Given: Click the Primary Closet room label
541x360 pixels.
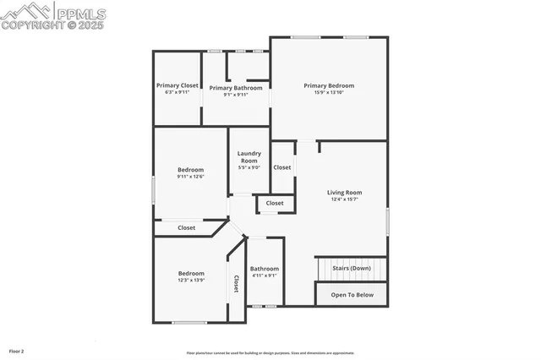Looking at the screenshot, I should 178,85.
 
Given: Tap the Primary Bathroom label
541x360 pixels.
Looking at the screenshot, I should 236,88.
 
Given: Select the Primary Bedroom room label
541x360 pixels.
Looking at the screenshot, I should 329,85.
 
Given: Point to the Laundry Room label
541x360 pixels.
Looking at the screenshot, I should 249,156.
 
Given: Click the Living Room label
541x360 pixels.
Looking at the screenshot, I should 344,193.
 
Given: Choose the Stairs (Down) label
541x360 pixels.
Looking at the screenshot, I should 352,268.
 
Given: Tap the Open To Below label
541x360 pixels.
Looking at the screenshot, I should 352,295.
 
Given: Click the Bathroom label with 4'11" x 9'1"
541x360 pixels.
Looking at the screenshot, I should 265,269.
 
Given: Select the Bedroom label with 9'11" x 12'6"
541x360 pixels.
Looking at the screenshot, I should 190,170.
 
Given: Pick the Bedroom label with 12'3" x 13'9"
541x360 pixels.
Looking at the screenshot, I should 191,273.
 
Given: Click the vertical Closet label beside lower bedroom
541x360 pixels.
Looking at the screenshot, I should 236,285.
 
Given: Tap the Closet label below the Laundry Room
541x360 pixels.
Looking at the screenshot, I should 275,204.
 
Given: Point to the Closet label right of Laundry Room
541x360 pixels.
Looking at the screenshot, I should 282,167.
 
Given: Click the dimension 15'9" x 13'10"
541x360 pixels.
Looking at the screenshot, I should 329,92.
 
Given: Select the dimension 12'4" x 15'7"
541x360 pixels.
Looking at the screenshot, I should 344,199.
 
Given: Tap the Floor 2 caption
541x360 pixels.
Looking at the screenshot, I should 17,350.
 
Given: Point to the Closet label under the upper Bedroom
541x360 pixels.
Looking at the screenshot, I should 186,227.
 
